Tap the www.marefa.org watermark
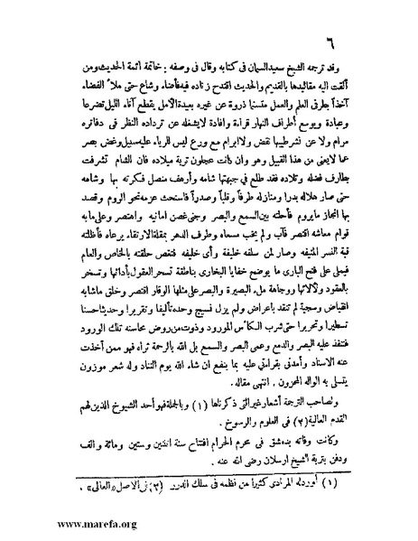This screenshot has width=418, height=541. [46, 523]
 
